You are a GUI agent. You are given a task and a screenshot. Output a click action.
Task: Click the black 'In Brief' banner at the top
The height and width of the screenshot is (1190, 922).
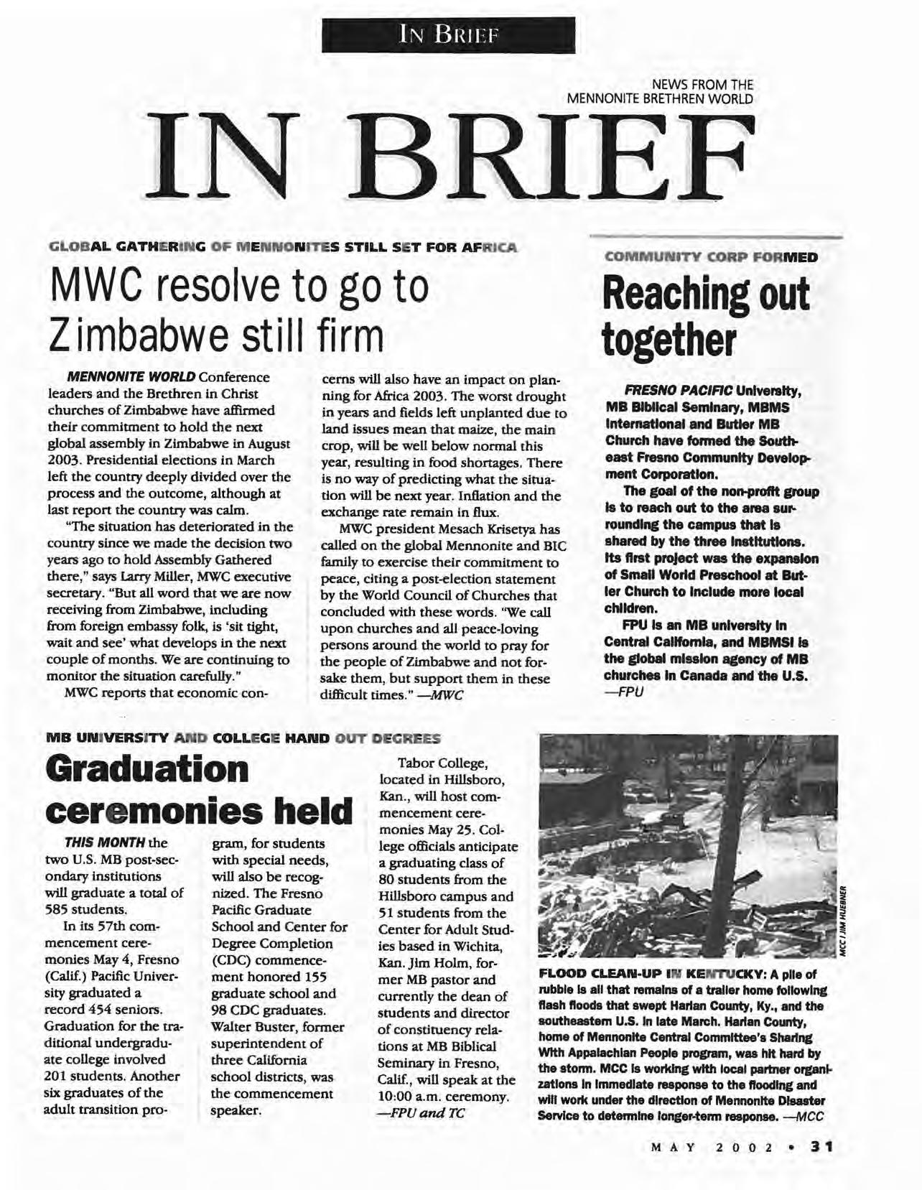click(449, 34)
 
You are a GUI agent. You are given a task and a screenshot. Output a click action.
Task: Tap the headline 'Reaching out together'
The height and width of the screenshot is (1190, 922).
click(705, 317)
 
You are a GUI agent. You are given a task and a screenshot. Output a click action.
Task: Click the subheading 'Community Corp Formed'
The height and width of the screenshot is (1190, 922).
click(711, 256)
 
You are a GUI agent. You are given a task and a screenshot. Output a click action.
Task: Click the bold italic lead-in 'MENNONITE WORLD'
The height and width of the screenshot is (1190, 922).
click(131, 377)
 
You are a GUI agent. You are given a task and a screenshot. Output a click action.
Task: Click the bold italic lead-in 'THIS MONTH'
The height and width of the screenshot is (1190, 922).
click(105, 842)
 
